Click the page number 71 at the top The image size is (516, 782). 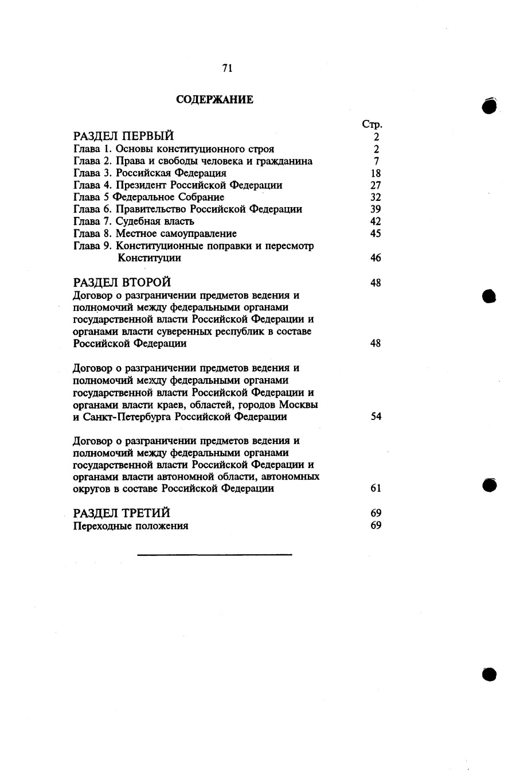[226, 68]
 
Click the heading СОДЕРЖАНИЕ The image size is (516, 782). [214, 100]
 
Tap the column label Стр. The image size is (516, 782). [372, 125]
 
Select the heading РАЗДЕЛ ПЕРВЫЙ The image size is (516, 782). [124, 137]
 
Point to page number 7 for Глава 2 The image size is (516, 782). [376, 161]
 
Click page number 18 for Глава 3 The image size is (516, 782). [376, 173]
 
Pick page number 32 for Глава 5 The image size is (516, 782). [376, 197]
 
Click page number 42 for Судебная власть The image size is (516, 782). [376, 221]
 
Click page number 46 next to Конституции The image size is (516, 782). [376, 258]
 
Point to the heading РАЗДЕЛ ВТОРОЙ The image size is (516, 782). [122, 283]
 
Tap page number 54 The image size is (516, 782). [376, 417]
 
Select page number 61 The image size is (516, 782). [376, 489]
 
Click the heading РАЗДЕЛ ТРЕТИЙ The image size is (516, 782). [122, 513]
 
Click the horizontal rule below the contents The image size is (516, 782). [214, 555]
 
